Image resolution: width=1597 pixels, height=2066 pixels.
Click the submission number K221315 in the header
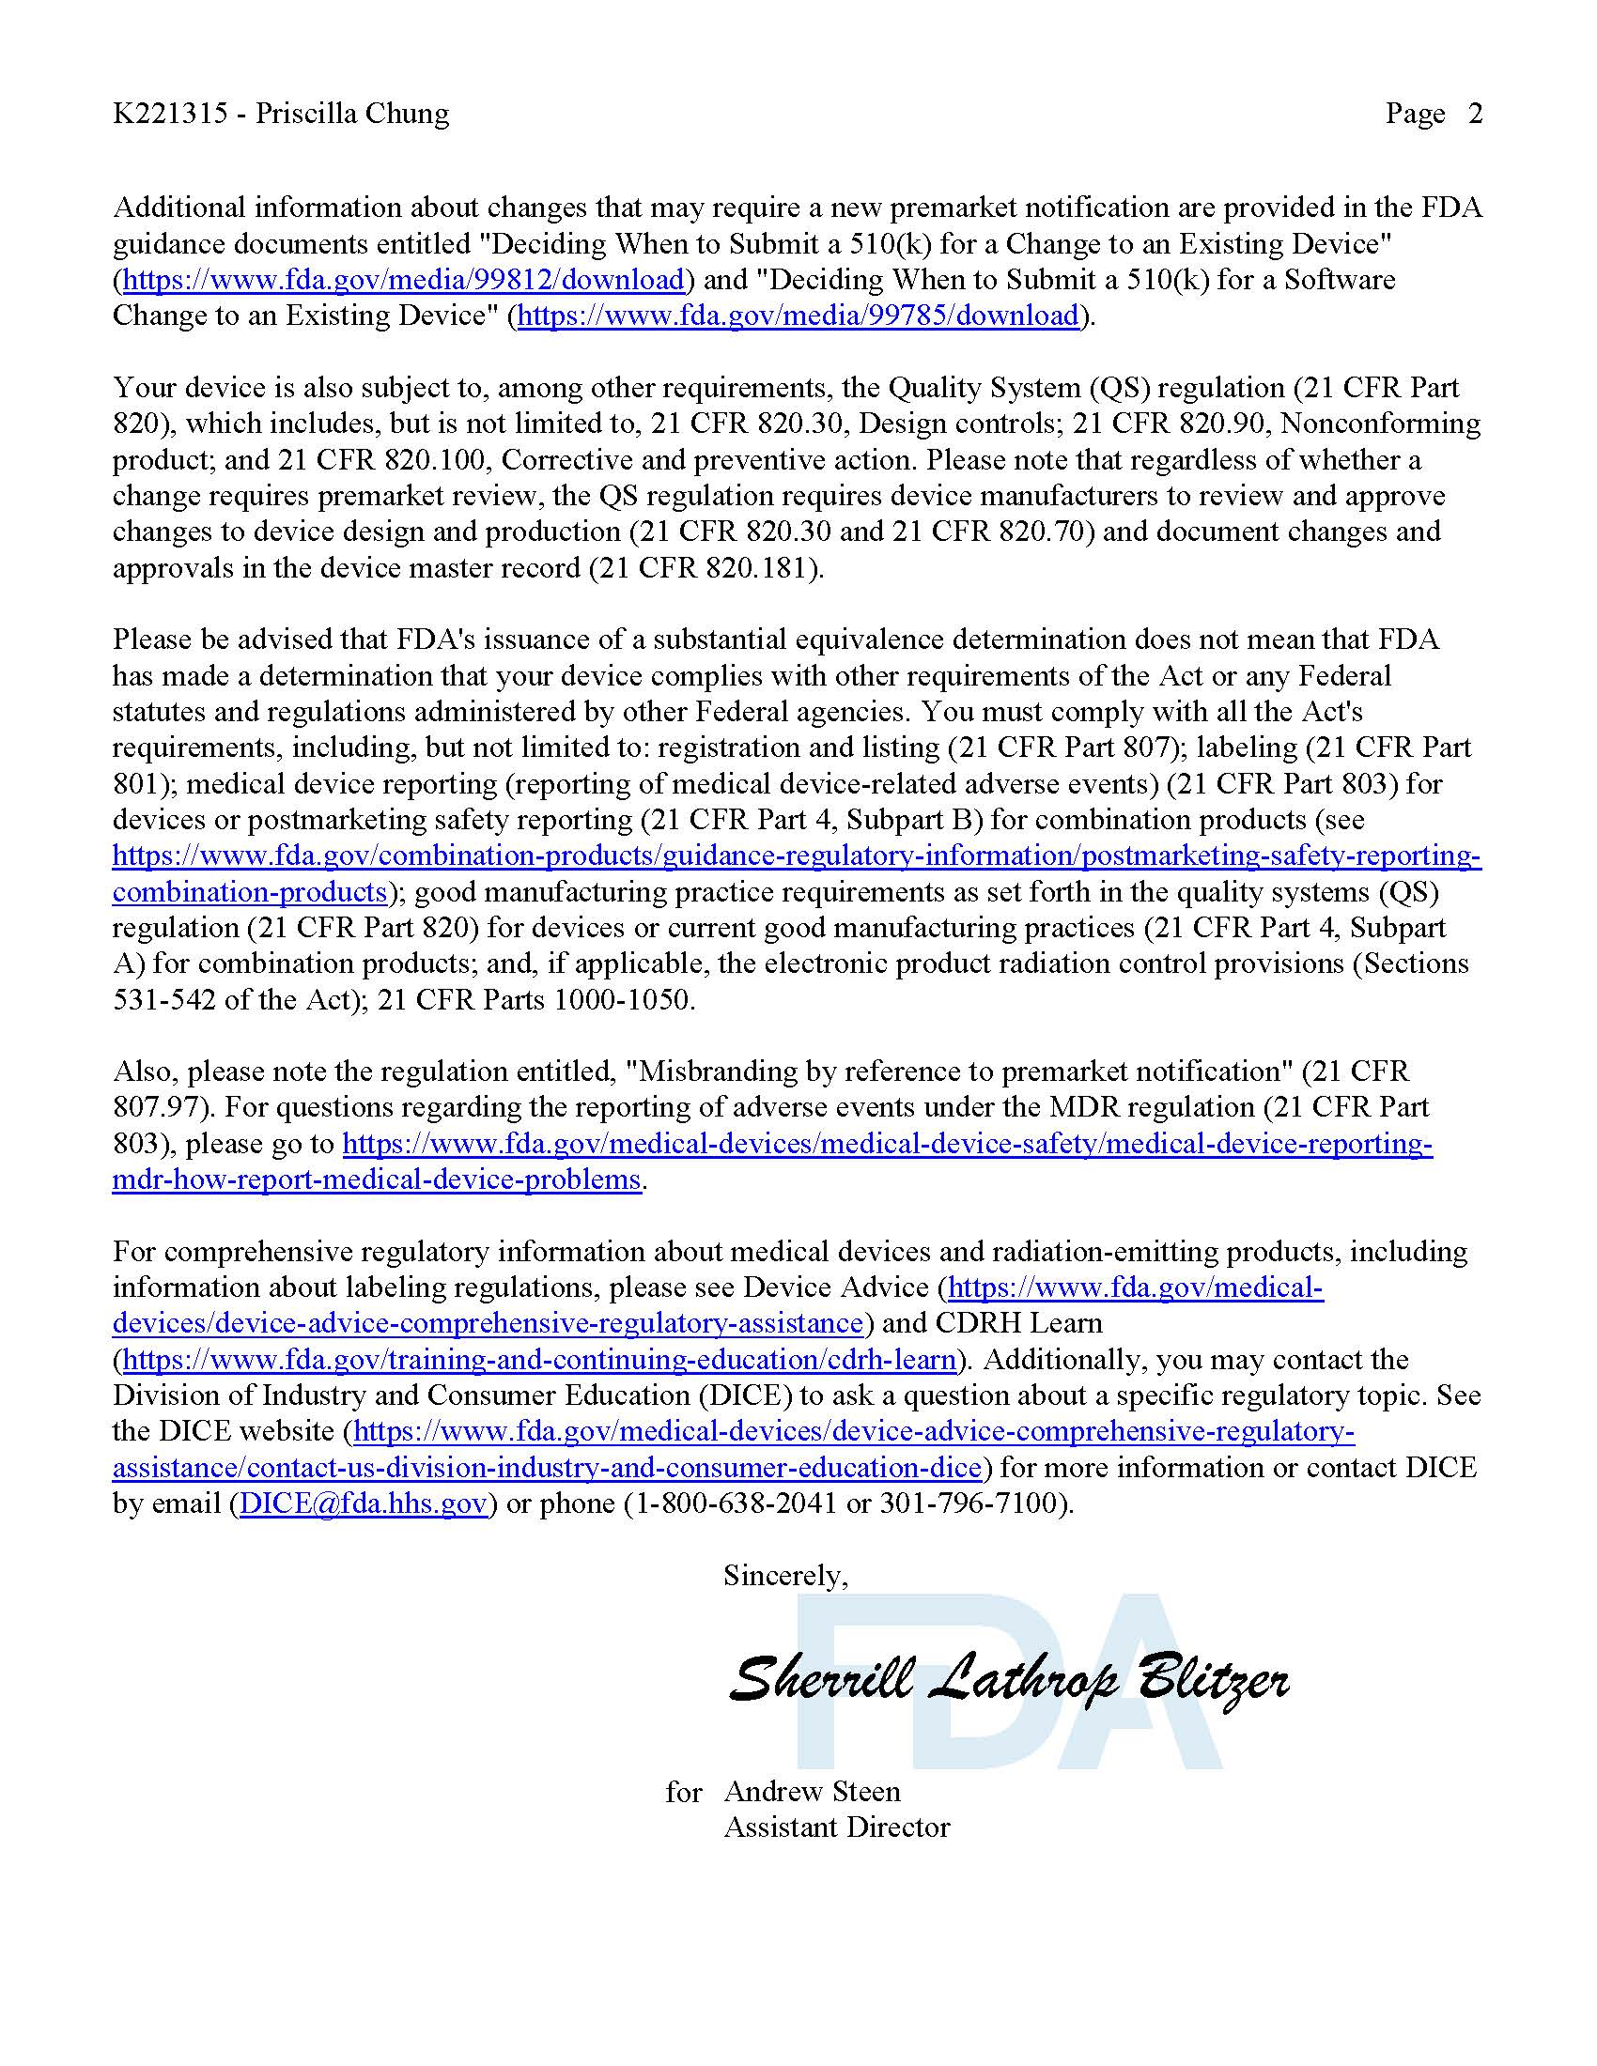[x=170, y=115]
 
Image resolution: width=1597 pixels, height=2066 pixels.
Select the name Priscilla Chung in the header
[x=352, y=115]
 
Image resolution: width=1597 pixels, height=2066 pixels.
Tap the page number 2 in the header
[x=1475, y=115]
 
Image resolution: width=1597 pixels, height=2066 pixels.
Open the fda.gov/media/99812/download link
[x=404, y=280]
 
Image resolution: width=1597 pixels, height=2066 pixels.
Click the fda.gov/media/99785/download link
[x=798, y=316]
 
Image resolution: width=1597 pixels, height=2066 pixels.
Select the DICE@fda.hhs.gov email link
[x=364, y=1504]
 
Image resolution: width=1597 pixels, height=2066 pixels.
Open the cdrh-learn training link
[x=539, y=1361]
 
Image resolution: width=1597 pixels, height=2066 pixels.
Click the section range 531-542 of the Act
[x=163, y=1000]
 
